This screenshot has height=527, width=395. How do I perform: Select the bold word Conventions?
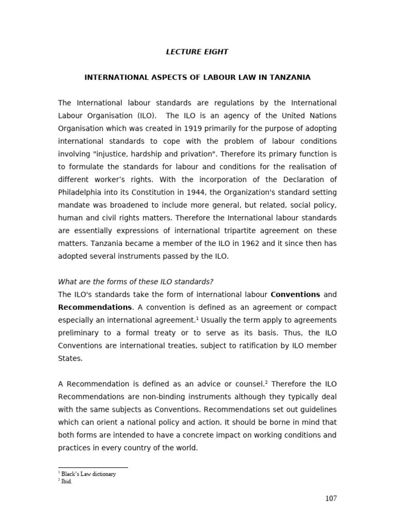[295, 295]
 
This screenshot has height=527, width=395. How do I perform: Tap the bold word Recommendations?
[95, 307]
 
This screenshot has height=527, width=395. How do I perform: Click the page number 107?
[331, 498]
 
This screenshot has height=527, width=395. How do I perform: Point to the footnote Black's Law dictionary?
[88, 474]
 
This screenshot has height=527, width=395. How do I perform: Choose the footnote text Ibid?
[66, 482]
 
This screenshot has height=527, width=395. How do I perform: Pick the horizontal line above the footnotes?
[93, 467]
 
